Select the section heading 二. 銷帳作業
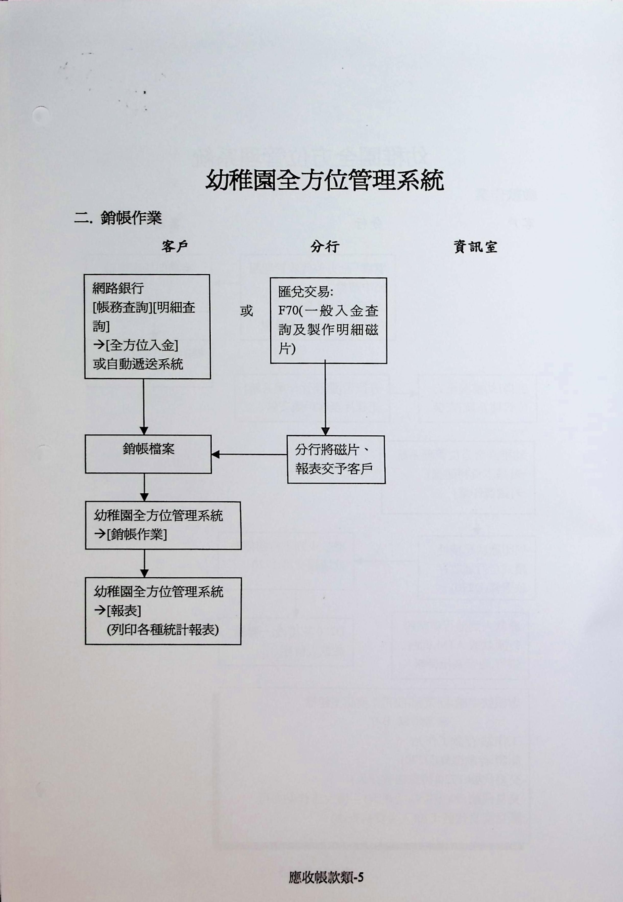tap(118, 218)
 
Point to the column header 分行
tap(325, 247)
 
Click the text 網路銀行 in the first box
tap(118, 288)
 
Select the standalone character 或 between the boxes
tap(246, 311)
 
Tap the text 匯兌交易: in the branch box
tap(306, 291)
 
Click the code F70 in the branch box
tap(288, 311)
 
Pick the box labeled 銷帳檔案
tap(148, 454)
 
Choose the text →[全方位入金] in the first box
tap(136, 345)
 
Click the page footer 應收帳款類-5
tap(326, 877)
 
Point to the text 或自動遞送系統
tap(138, 364)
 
